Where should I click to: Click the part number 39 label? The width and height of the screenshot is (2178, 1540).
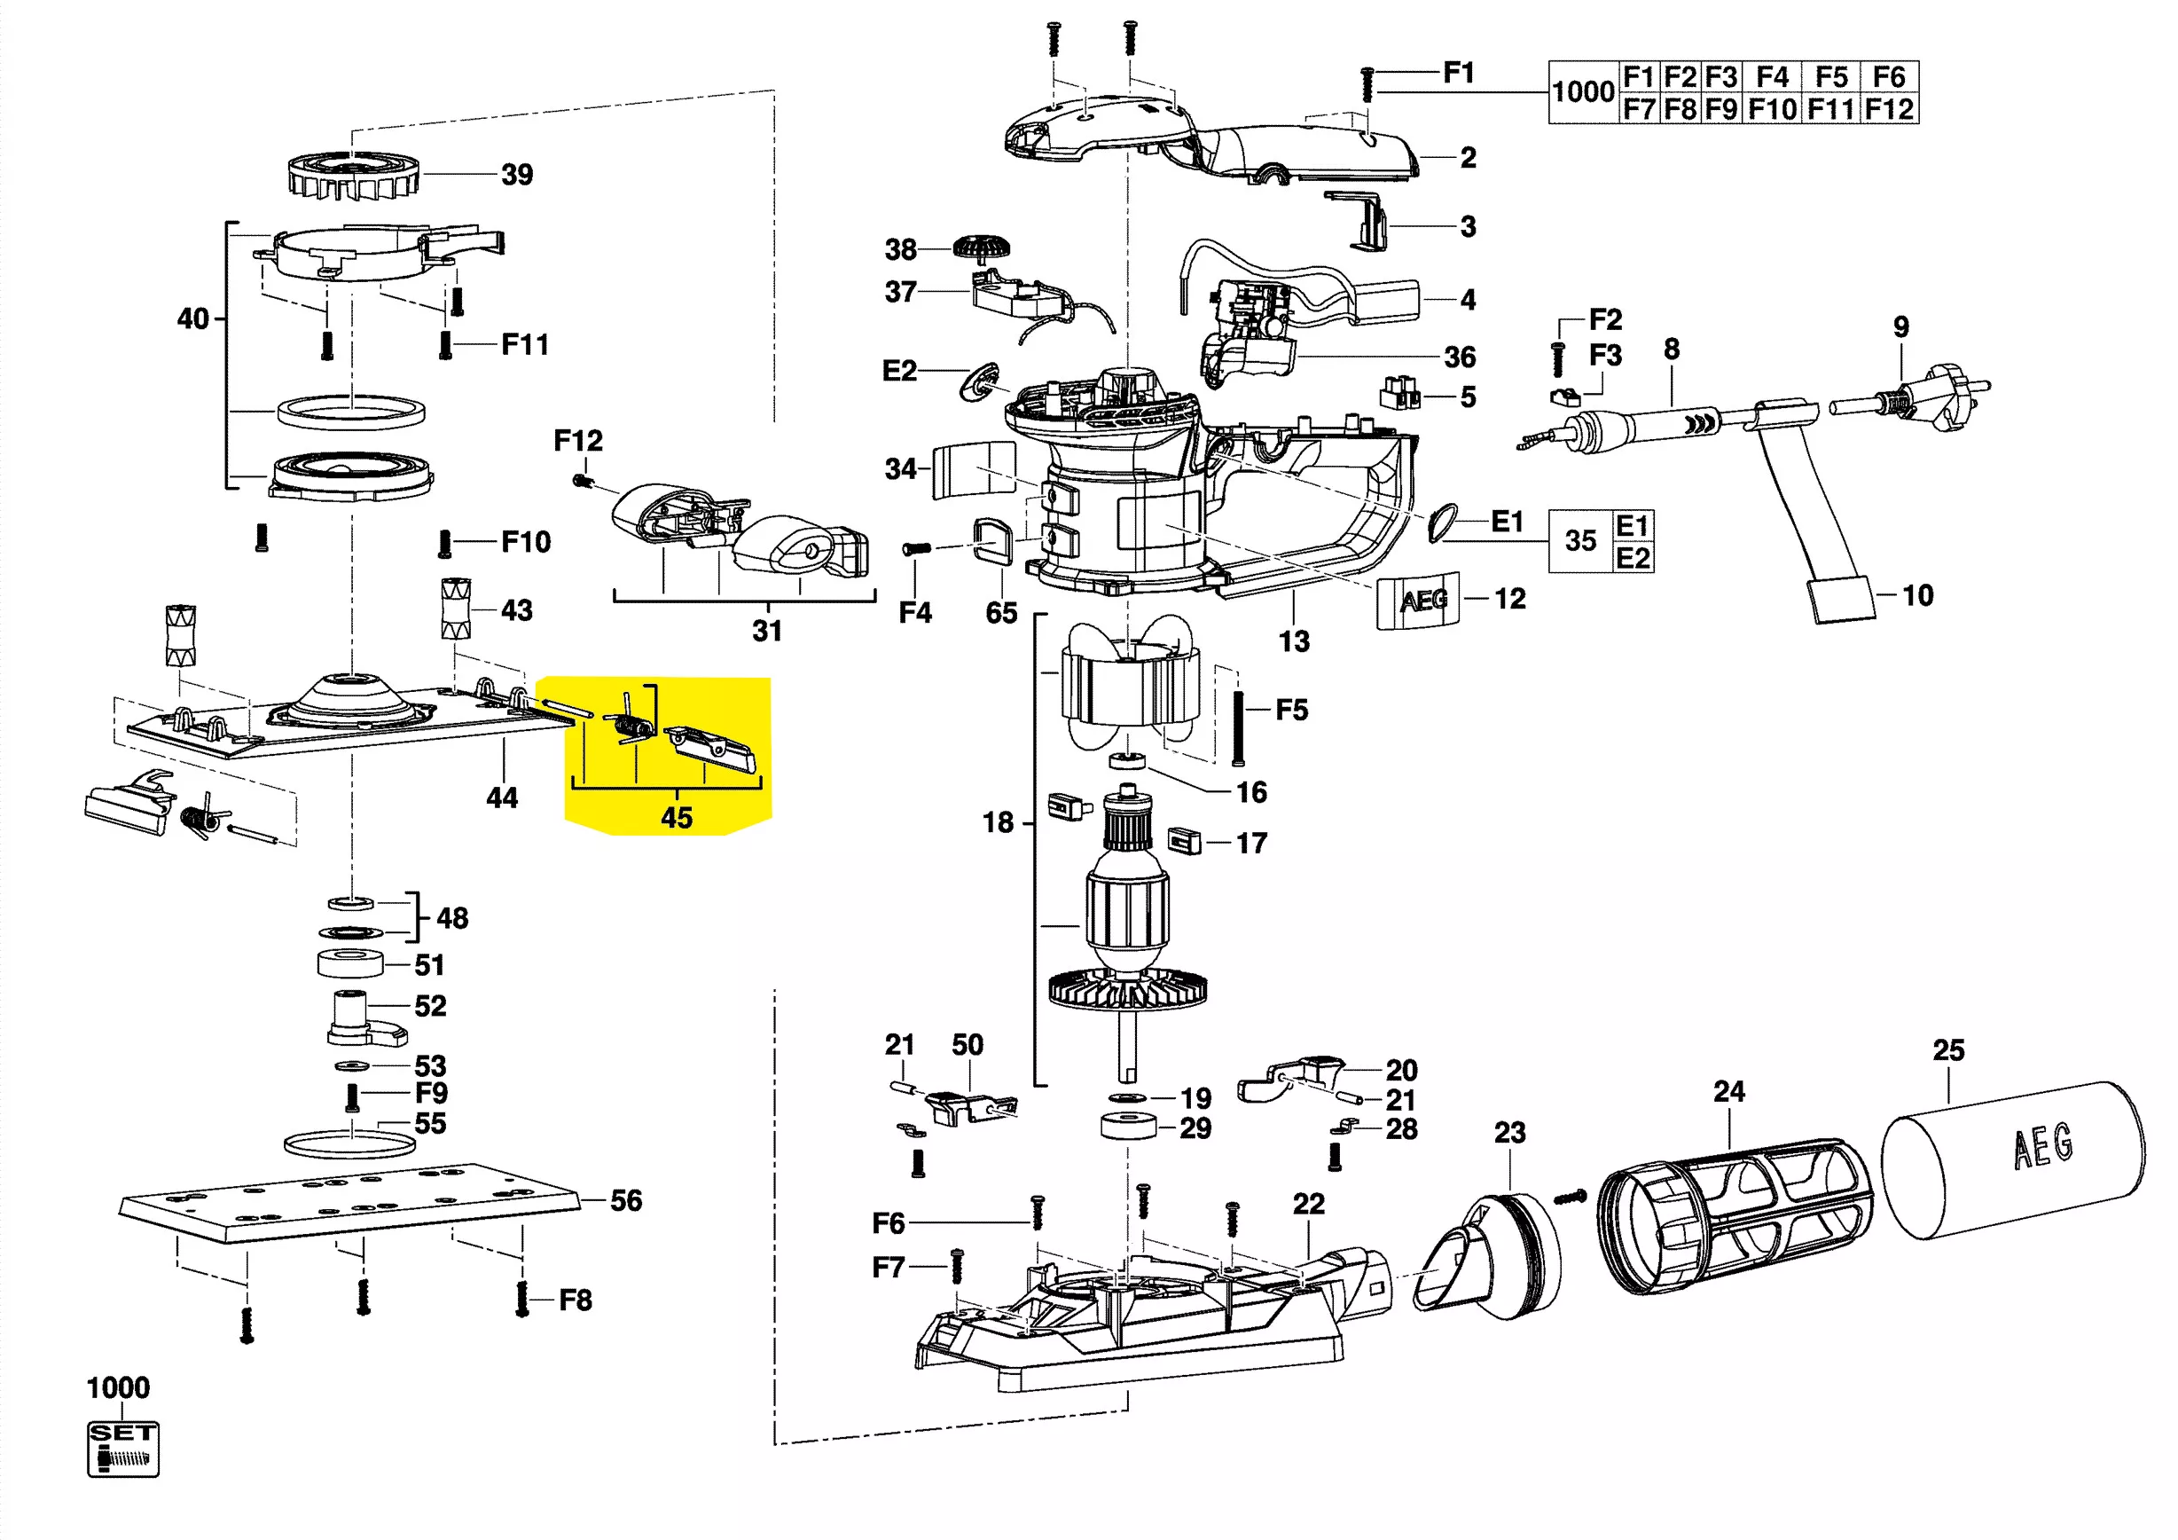tap(517, 175)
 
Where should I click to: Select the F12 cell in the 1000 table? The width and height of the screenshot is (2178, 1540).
tap(1889, 109)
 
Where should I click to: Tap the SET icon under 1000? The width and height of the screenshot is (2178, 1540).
tap(123, 1448)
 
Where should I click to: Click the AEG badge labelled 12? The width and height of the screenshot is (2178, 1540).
tap(1418, 600)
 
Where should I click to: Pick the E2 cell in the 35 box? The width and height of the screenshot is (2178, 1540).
tap(1633, 557)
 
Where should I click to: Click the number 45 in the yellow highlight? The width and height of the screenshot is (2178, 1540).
tap(677, 817)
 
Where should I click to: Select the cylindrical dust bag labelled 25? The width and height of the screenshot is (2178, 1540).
tap(2013, 1159)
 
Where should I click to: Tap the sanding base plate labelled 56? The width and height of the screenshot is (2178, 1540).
tap(349, 1201)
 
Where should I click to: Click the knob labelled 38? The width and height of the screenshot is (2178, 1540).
tap(981, 248)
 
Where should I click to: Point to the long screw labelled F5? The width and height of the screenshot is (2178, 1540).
tap(1238, 727)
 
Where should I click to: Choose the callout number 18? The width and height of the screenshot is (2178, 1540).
tap(998, 821)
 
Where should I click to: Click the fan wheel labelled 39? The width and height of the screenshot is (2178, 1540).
tap(353, 176)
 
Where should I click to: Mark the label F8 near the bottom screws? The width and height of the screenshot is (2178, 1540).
tap(575, 1299)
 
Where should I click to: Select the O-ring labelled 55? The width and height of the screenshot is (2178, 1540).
tap(350, 1143)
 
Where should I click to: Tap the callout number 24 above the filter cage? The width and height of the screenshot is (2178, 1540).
tap(1728, 1091)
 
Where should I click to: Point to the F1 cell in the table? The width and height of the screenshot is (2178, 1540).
tap(1637, 77)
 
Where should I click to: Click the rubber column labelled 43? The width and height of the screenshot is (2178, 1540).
tap(455, 609)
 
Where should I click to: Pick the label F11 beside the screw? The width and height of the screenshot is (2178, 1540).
tap(525, 343)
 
